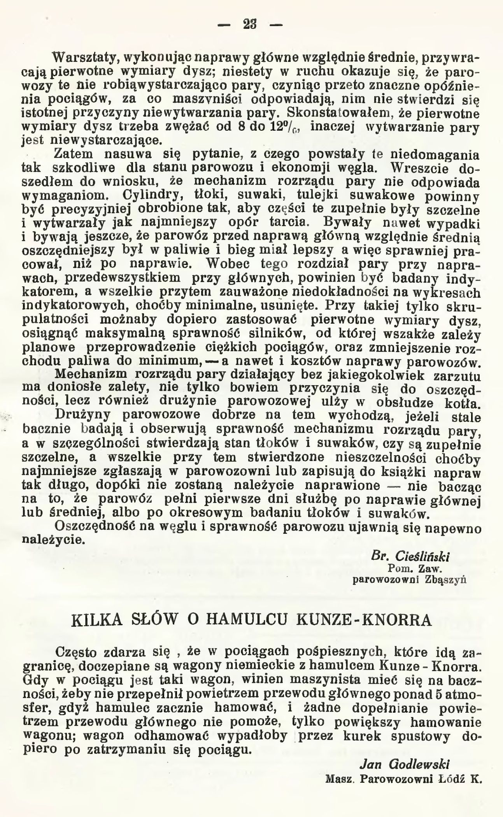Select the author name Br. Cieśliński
410,557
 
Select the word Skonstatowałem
340,114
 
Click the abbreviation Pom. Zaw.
414,569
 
